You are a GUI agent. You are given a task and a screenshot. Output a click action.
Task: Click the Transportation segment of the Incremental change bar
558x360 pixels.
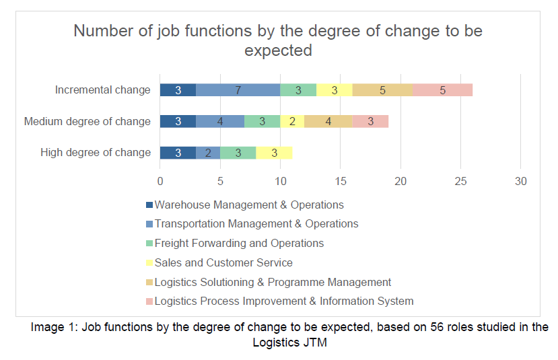click(238, 90)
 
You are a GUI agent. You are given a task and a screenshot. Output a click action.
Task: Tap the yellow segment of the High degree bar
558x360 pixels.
click(274, 153)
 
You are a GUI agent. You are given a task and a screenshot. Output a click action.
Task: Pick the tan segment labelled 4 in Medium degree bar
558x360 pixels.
click(328, 121)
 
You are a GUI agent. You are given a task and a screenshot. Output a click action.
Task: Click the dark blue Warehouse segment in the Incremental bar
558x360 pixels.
click(178, 90)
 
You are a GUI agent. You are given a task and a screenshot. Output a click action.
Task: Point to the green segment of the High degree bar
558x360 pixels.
click(238, 153)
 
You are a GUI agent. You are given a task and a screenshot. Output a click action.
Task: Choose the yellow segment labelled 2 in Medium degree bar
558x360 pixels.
click(292, 121)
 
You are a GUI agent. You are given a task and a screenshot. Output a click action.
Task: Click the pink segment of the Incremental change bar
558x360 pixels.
click(442, 90)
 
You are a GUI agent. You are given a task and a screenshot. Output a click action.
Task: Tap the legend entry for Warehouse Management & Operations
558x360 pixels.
click(249, 205)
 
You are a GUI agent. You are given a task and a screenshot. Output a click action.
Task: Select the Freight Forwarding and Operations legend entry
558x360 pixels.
click(239, 243)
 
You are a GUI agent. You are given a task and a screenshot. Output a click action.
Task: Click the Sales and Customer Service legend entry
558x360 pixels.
click(223, 262)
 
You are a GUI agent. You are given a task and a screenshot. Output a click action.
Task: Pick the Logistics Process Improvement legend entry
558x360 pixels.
click(283, 301)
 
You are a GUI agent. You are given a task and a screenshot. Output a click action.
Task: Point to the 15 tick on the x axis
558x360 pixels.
click(340, 181)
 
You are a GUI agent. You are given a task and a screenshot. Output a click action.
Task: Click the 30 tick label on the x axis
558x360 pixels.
click(520, 181)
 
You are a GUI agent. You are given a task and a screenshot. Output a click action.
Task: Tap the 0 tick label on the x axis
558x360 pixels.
click(160, 181)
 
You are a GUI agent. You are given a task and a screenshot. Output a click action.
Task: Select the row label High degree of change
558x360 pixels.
click(96, 153)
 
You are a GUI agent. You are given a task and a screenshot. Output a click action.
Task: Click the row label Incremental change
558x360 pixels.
click(103, 90)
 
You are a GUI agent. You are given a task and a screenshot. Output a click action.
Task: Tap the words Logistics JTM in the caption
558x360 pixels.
click(289, 342)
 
